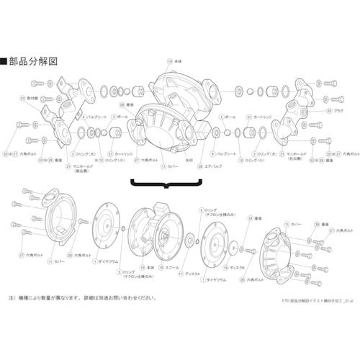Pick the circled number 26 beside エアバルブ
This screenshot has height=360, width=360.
(x=202, y=166)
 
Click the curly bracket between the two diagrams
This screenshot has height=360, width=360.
(x=166, y=185)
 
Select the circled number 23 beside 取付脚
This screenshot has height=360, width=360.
(x=23, y=96)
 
